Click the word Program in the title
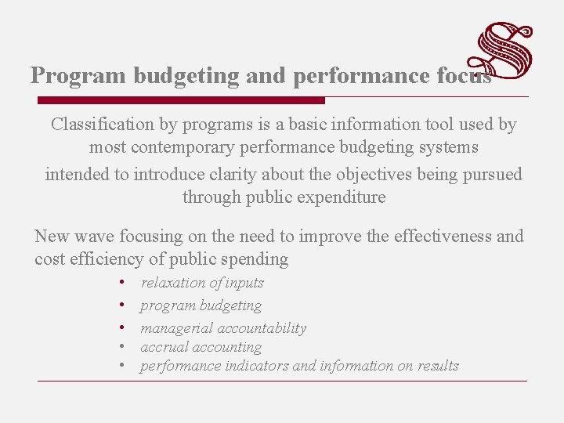pyautogui.click(x=78, y=76)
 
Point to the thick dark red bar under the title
pyautogui.click(x=181, y=100)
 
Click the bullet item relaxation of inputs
pyautogui.click(x=202, y=283)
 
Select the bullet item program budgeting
pyautogui.click(x=201, y=305)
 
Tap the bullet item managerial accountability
pyautogui.click(x=223, y=328)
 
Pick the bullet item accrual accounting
pyautogui.click(x=201, y=347)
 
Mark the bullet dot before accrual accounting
pyautogui.click(x=123, y=347)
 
